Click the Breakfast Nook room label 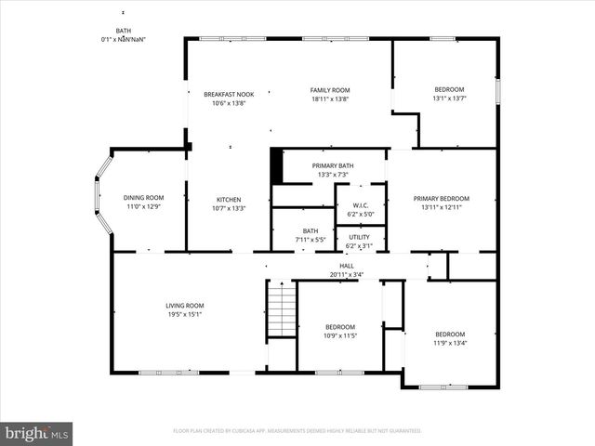(229, 94)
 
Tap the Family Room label (329, 90)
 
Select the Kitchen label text (229, 200)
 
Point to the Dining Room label (143, 197)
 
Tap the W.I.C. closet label (359, 205)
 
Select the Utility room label (359, 237)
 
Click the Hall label (346, 266)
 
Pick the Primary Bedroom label (441, 198)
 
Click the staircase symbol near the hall (281, 309)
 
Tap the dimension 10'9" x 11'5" (341, 334)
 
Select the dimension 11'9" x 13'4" (450, 342)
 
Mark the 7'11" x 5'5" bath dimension (310, 240)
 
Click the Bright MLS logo (37, 433)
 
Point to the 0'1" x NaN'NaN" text (124, 39)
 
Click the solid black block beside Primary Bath (276, 166)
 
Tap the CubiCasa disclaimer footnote (297, 431)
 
